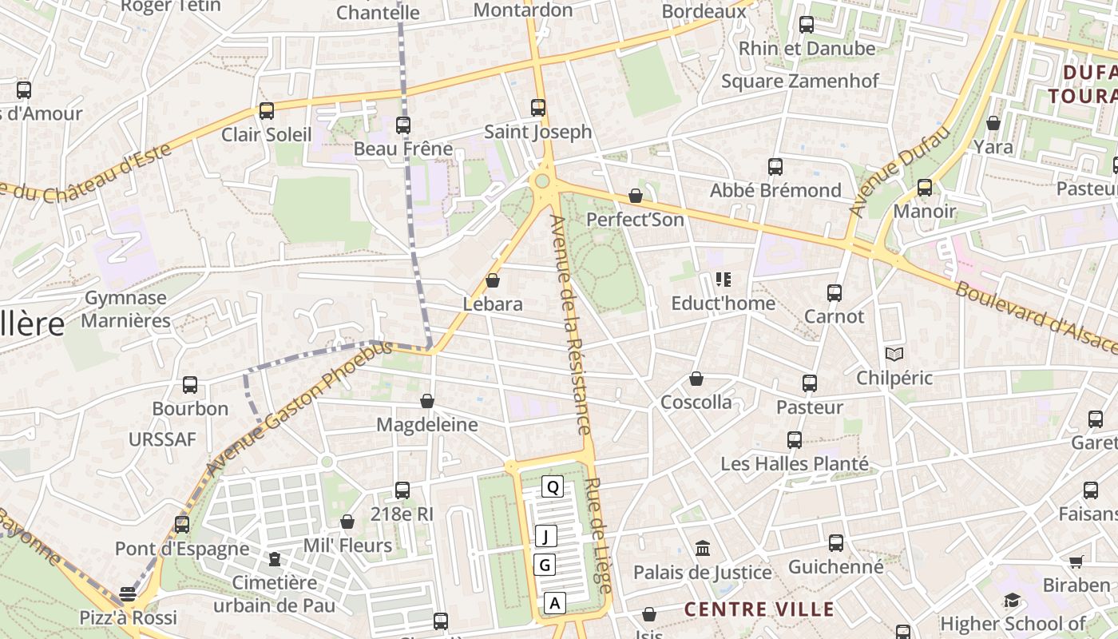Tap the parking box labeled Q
tap(553, 486)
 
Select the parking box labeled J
tap(546, 536)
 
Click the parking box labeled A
tap(555, 603)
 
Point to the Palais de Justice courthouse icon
tap(703, 549)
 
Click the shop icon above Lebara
tap(493, 281)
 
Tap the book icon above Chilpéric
tap(894, 354)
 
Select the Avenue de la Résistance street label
tap(571, 324)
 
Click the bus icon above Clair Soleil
tap(267, 111)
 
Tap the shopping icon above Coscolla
tap(696, 379)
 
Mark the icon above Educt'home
tap(724, 280)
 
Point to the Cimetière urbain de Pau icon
tap(275, 559)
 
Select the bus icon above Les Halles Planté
tap(795, 440)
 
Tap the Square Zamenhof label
tap(799, 81)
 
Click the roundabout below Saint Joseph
tap(543, 181)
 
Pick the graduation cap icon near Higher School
tap(1012, 601)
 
